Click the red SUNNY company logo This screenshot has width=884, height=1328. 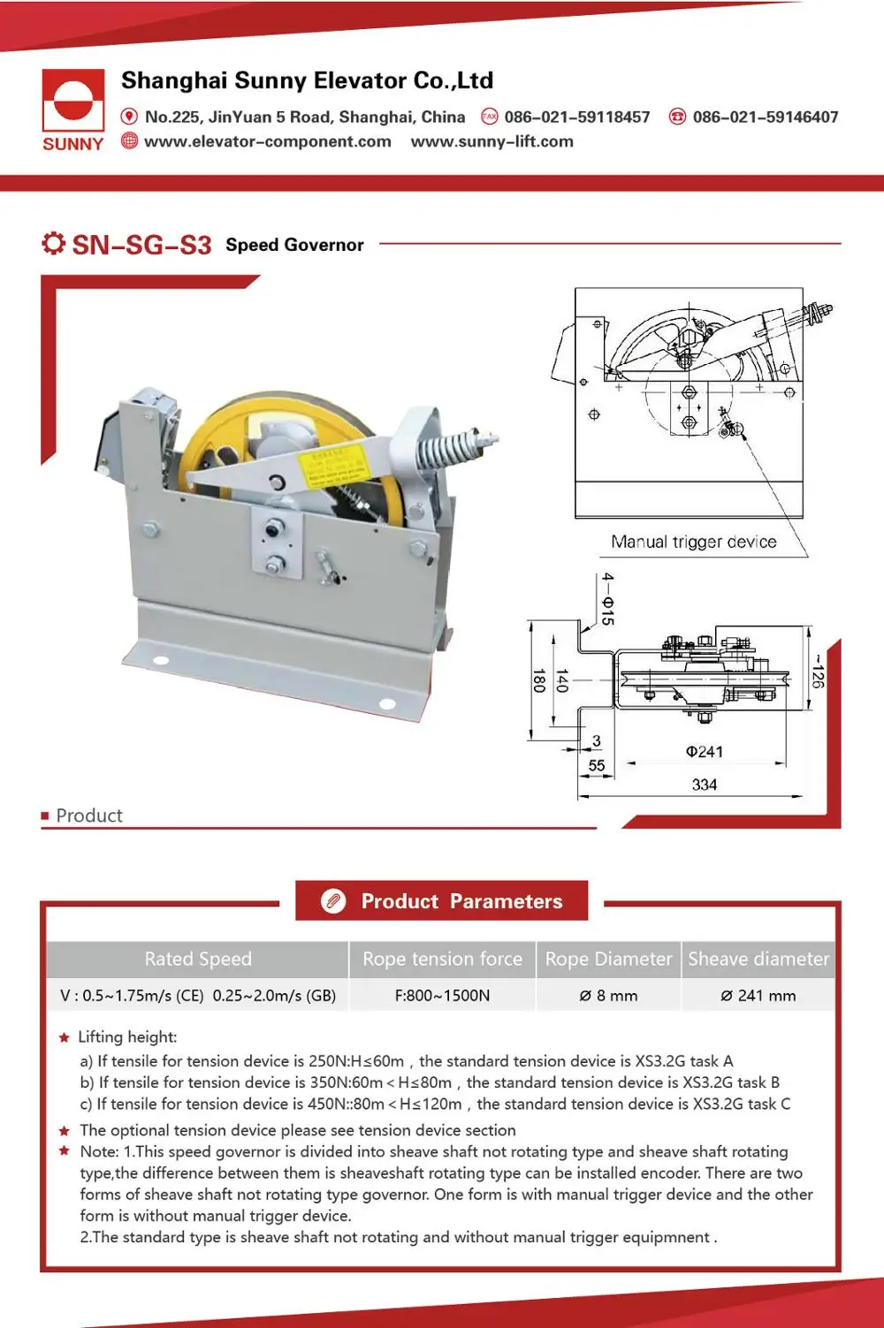click(x=72, y=110)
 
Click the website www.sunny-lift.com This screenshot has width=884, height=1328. click(x=492, y=141)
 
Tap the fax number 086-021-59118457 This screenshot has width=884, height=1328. click(x=576, y=117)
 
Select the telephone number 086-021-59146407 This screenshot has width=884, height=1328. click(x=765, y=117)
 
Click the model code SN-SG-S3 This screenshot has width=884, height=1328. click(x=141, y=245)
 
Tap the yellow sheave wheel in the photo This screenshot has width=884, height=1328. click(x=221, y=433)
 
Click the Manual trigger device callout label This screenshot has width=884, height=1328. click(x=693, y=542)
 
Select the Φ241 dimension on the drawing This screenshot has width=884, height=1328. click(x=704, y=751)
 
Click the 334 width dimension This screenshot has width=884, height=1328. click(x=704, y=785)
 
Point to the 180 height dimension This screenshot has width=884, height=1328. click(x=537, y=680)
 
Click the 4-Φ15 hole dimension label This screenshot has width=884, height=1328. click(x=607, y=599)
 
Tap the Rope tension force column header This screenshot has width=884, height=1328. click(x=442, y=959)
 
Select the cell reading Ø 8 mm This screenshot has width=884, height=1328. click(x=608, y=996)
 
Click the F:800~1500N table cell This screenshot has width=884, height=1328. click(x=442, y=996)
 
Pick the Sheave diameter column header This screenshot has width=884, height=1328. click(x=758, y=959)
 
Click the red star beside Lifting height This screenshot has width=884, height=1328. click(x=64, y=1037)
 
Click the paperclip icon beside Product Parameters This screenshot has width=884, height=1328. click(x=333, y=901)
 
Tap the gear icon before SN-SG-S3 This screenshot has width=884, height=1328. click(x=53, y=243)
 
